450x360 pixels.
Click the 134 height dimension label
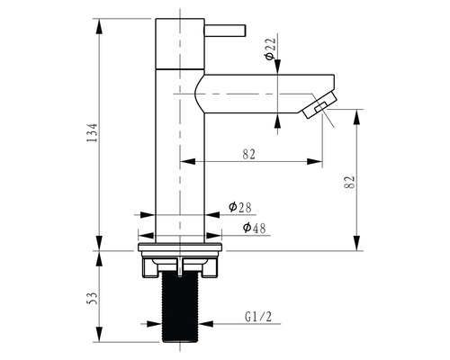click(x=92, y=132)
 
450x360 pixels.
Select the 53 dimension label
click(x=94, y=298)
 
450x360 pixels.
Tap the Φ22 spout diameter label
click(x=270, y=49)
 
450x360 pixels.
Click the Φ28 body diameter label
click(x=240, y=207)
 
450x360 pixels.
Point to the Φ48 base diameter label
click(x=254, y=228)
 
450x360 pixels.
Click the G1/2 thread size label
click(x=258, y=317)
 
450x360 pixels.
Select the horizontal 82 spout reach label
click(x=249, y=155)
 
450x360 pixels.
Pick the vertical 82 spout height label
click(x=350, y=182)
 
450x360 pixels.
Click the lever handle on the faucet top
click(x=225, y=31)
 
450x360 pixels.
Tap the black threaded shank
click(x=180, y=309)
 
